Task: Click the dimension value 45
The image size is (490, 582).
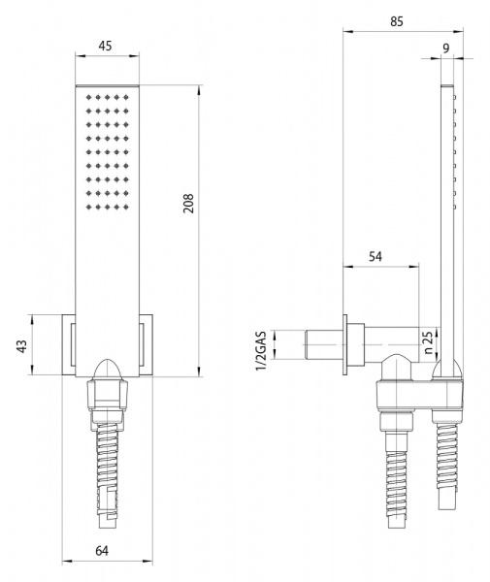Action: click(x=109, y=47)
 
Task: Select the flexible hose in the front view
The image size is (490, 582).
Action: click(x=109, y=475)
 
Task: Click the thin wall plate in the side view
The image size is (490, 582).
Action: click(x=344, y=344)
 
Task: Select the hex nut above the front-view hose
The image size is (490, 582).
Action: click(x=109, y=395)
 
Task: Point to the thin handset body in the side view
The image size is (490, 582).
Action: click(x=447, y=213)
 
